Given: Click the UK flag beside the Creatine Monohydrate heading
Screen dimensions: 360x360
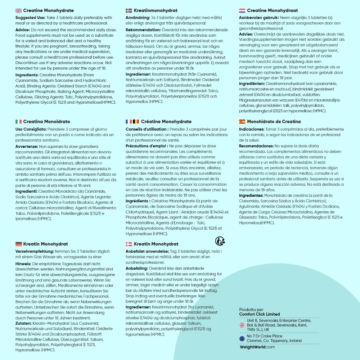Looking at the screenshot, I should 18,11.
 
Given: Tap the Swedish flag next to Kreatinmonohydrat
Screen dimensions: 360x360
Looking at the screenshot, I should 129,11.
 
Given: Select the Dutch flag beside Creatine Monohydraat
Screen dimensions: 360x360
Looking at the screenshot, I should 242,11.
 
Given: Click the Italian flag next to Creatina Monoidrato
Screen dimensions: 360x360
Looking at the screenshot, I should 18,122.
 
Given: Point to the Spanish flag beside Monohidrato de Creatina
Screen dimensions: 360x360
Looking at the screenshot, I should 242,122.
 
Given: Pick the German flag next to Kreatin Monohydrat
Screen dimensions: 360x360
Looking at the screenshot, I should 18,244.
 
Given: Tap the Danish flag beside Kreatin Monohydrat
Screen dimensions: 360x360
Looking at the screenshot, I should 129,244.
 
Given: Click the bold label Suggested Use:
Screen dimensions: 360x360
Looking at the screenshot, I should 30,18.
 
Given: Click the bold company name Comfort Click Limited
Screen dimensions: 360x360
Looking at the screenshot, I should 259,314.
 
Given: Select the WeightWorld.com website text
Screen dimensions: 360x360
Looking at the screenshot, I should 257,347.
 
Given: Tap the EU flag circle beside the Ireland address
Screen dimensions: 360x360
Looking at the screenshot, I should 242,338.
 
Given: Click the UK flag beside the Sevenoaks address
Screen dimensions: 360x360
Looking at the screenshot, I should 242,325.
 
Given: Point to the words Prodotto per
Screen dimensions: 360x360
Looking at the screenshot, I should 251,310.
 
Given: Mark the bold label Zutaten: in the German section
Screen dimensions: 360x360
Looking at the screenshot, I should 24,324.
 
